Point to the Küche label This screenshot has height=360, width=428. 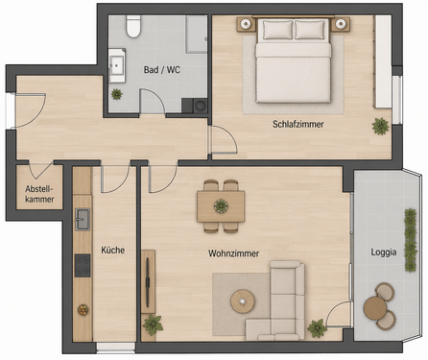[x=112, y=250]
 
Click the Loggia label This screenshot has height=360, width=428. [x=386, y=253]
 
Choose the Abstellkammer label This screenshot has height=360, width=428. [x=39, y=195]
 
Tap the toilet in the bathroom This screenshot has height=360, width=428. [x=133, y=27]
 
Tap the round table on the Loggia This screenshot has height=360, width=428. [x=374, y=308]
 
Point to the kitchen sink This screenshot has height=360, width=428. [x=83, y=219]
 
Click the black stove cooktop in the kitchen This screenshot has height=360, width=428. [x=83, y=264]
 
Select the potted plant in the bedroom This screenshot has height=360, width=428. [x=381, y=125]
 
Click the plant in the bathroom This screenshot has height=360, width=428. [x=117, y=94]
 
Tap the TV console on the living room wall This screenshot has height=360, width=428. [x=148, y=280]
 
